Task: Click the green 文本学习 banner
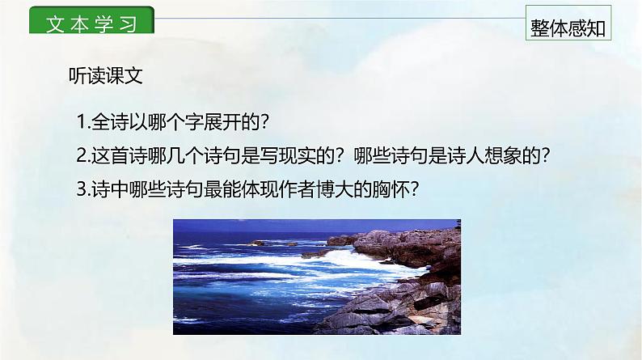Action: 91,22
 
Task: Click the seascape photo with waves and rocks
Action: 318,277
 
